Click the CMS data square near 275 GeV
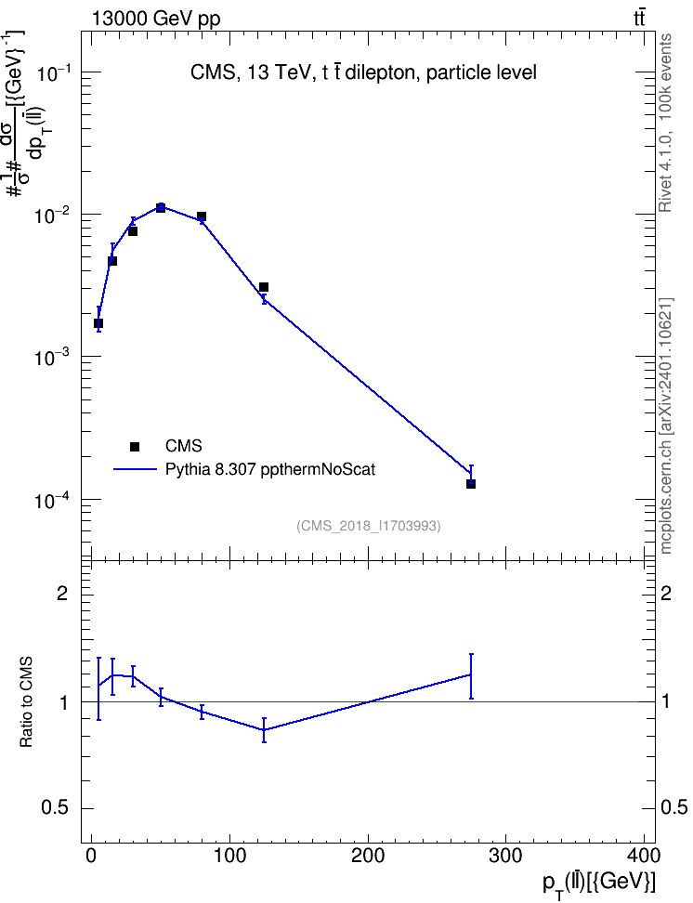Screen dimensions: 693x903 [x=471, y=484]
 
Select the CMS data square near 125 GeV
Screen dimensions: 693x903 [x=264, y=287]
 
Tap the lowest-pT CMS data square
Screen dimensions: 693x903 [x=98, y=323]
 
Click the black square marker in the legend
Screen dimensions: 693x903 [x=135, y=446]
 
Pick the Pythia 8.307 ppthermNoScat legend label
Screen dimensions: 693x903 [x=270, y=469]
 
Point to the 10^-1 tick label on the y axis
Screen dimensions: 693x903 [x=53, y=73]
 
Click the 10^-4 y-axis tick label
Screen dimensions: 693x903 [x=53, y=501]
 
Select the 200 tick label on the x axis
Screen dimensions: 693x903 [x=368, y=856]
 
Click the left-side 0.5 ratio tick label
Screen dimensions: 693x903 [x=56, y=808]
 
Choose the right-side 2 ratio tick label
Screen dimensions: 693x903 [x=666, y=593]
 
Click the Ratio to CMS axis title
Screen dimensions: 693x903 [x=26, y=701]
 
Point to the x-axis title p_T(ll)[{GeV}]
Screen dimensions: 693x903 [x=599, y=883]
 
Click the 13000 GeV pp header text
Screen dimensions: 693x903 [x=156, y=19]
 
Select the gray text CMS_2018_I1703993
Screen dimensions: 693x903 [x=369, y=526]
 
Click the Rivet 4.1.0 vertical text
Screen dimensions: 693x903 [x=665, y=123]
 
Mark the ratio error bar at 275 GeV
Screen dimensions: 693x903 [x=471, y=676]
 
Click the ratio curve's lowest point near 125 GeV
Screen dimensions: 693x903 [x=264, y=729]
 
